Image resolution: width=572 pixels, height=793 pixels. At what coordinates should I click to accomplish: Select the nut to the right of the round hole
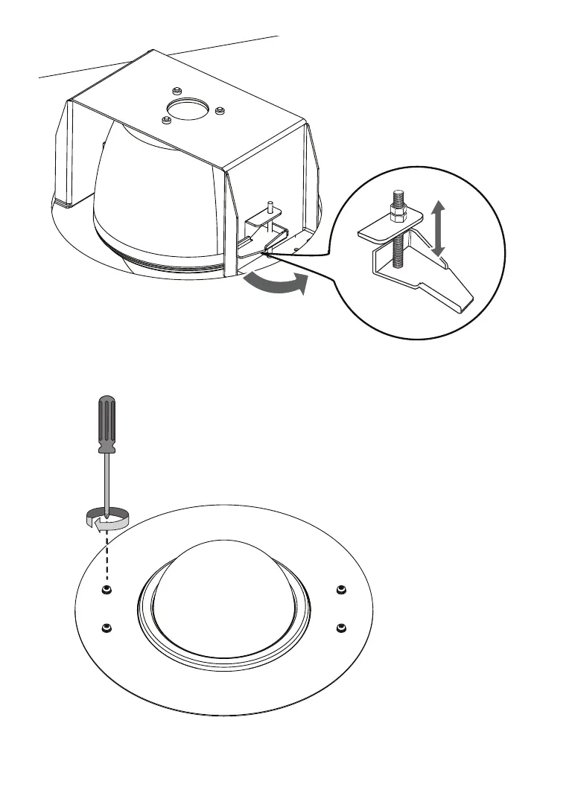pos(219,112)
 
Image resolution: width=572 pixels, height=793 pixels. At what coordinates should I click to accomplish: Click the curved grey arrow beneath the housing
pos(275,285)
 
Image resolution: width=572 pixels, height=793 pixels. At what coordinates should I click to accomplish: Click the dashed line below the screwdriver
pos(107,558)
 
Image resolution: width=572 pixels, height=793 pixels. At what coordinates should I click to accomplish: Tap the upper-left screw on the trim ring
pos(107,590)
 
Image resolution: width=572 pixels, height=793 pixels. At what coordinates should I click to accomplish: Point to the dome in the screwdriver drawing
pos(221,596)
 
